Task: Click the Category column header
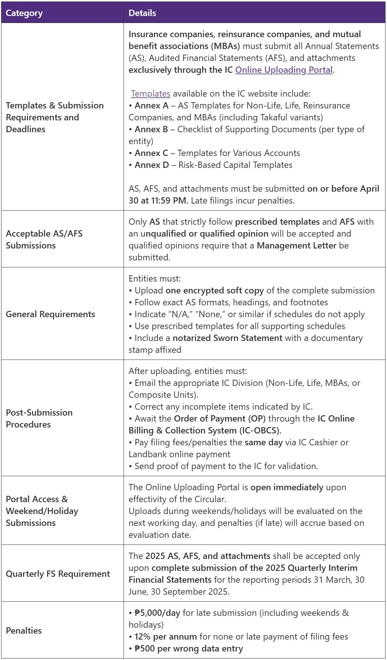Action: (24, 13)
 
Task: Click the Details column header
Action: (142, 13)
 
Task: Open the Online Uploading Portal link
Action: (284, 70)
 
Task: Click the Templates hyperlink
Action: (151, 94)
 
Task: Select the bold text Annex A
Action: (151, 105)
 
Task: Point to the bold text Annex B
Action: (151, 129)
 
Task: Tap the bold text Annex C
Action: (151, 153)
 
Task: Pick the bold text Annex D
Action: (152, 165)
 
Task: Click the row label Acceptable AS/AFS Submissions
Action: (44, 239)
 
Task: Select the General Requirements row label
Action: (50, 314)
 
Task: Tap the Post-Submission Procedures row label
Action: (39, 418)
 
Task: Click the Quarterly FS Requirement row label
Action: (58, 574)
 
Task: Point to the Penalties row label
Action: (24, 630)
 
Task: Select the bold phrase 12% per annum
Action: (165, 637)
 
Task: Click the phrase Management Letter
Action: (296, 246)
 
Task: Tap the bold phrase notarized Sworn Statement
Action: (227, 338)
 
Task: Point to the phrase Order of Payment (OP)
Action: (220, 419)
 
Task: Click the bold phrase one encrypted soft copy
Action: (214, 290)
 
